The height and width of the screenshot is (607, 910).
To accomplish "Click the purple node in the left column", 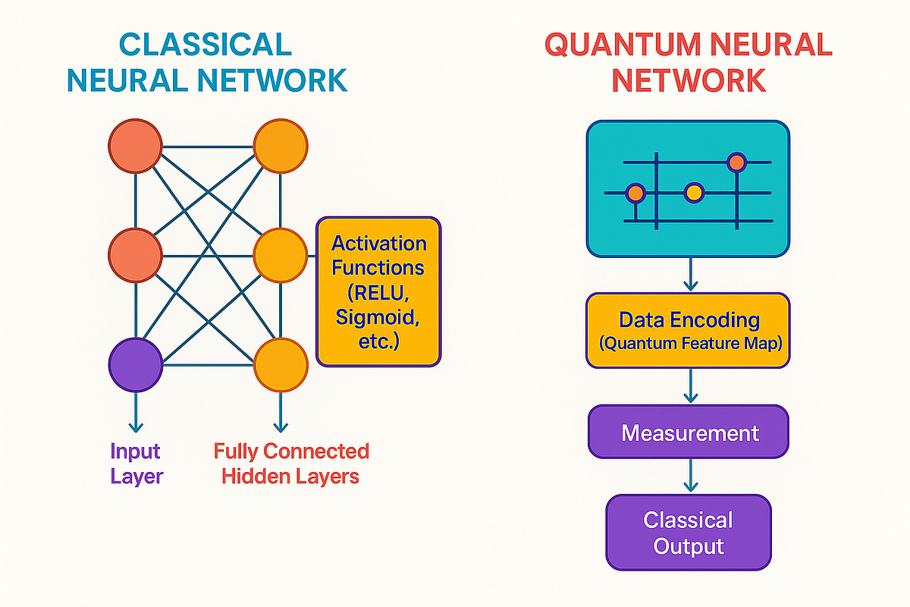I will (136, 365).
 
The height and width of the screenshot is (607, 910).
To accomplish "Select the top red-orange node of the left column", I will (136, 146).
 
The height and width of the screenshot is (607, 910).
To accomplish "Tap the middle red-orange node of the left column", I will (136, 256).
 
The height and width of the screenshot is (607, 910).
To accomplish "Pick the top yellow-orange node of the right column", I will (281, 146).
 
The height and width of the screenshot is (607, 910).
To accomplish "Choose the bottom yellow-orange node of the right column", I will (281, 365).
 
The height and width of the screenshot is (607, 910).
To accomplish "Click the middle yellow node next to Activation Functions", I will (281, 256).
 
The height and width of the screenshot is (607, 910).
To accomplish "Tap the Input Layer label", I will (136, 464).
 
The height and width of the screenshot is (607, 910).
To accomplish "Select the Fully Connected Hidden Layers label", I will (291, 464).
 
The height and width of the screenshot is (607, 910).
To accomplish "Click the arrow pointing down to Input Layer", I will (136, 414).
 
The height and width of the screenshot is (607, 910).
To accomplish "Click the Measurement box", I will (689, 432).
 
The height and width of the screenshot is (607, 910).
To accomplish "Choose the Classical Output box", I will (689, 533).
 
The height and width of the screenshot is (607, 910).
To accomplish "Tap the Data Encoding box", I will (689, 330).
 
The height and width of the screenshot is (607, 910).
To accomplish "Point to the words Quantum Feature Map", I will (690, 344).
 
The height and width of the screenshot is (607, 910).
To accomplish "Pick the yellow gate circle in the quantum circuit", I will (694, 193).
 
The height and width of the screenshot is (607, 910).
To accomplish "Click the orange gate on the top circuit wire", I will (736, 162).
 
